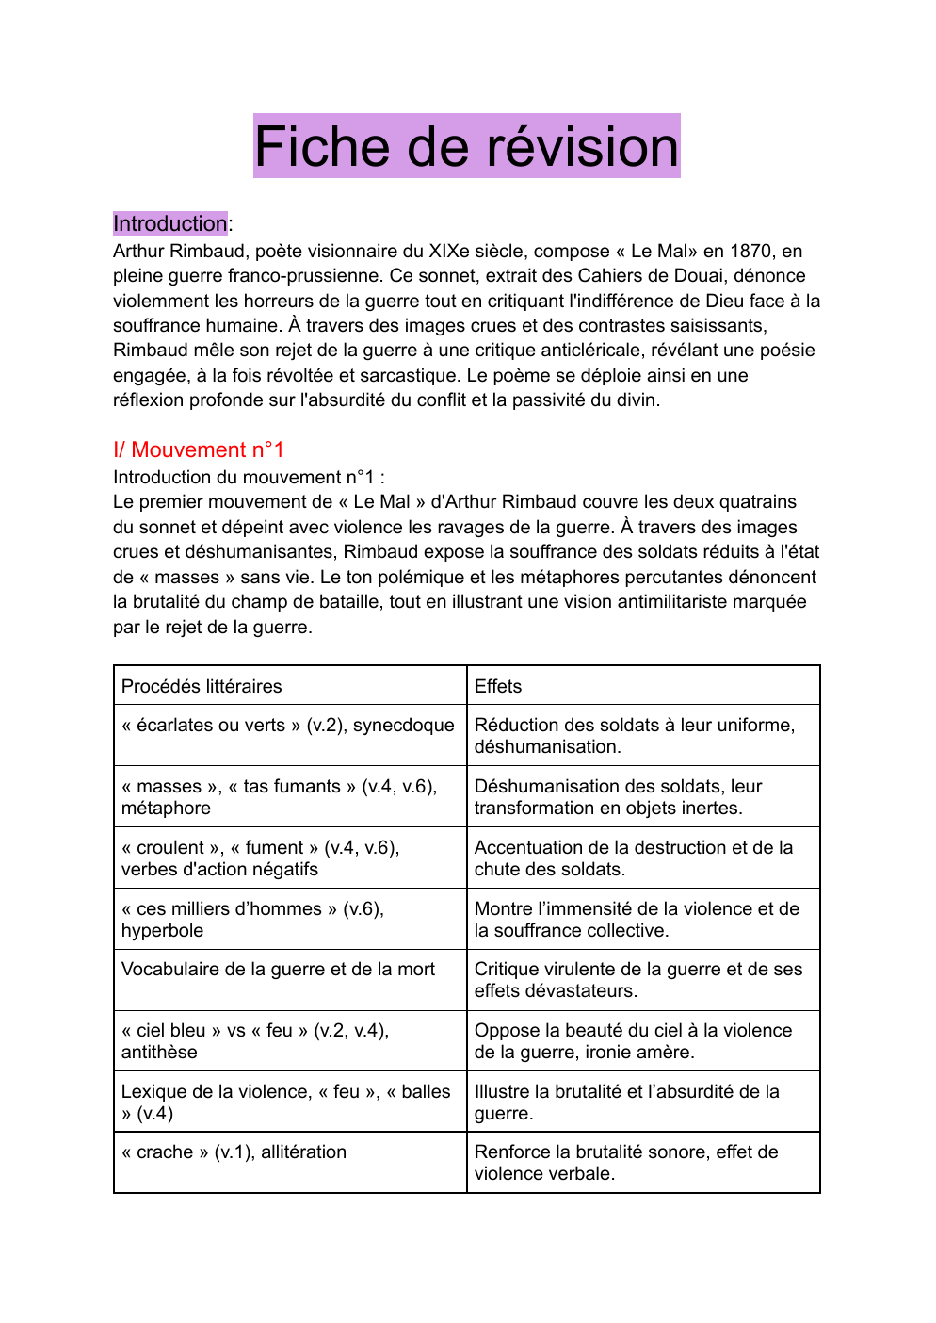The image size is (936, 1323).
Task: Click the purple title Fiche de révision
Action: pyautogui.click(x=466, y=147)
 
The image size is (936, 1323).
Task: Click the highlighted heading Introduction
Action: pyautogui.click(x=169, y=223)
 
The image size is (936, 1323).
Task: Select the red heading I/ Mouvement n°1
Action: pyautogui.click(x=198, y=449)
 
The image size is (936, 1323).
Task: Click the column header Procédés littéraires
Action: pyautogui.click(x=202, y=686)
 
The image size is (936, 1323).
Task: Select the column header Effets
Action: pyautogui.click(x=497, y=686)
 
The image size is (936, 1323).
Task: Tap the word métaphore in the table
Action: pyautogui.click(x=166, y=808)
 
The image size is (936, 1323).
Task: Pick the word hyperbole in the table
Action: pyautogui.click(x=162, y=930)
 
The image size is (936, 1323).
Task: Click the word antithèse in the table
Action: pyautogui.click(x=159, y=1052)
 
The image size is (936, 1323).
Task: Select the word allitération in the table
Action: pyautogui.click(x=303, y=1151)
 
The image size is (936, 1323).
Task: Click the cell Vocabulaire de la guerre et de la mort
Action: pyautogui.click(x=278, y=969)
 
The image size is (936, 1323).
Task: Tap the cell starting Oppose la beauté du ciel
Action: pyautogui.click(x=633, y=1040)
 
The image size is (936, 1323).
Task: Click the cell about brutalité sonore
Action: pyautogui.click(x=626, y=1162)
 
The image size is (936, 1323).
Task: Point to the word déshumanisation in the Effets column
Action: pyautogui.click(x=546, y=746)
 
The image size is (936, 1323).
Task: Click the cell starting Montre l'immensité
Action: pyautogui.click(x=637, y=919)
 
